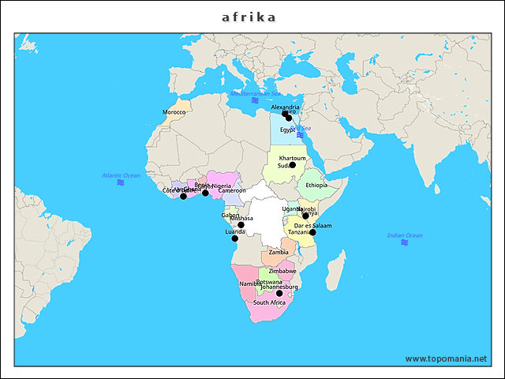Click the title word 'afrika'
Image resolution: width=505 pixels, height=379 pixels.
pos(249,17)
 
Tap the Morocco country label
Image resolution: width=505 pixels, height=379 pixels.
pos(174,112)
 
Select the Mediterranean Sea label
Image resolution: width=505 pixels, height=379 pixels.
pos(255,93)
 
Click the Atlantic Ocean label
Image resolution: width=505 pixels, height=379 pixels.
pos(121,174)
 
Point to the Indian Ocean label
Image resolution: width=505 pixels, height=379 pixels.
pos(404,235)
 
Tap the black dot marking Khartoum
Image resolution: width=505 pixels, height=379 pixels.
pos(292,165)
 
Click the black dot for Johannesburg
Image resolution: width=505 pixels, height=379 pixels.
pos(279,294)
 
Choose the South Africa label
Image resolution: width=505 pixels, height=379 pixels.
pos(269,302)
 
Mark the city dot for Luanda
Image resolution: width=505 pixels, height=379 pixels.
pos(235,238)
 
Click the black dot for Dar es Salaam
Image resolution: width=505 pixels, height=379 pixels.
pos(313,232)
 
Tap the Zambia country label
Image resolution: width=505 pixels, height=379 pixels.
pos(279,252)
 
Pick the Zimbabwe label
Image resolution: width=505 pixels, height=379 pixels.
pos(282,271)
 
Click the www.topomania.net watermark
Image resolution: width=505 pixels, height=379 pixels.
pos(446,358)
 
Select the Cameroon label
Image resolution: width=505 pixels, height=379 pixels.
pos(232,190)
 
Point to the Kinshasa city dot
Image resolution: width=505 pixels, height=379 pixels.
pos(241,225)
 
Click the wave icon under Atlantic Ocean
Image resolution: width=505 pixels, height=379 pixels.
pos(121,182)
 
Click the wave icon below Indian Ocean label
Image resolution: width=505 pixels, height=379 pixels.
pos(404,243)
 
